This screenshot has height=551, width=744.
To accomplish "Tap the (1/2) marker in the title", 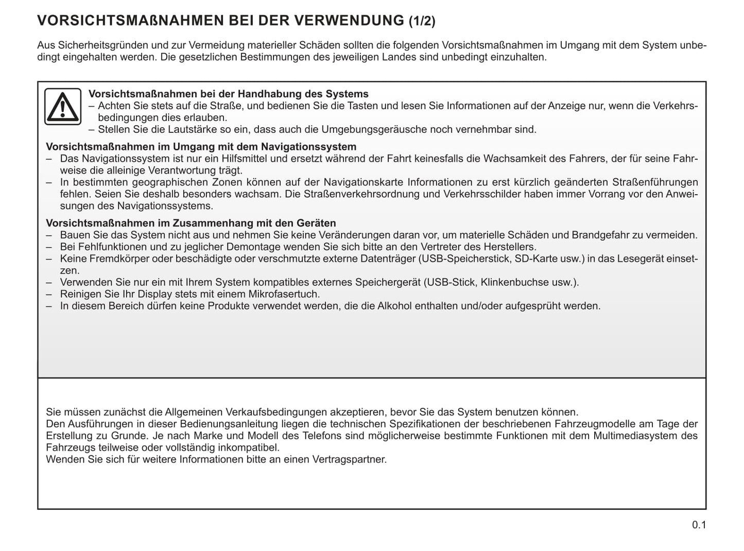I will point(422,21).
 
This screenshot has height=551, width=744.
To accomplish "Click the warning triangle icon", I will point(62,107).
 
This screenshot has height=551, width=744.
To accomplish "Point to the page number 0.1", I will point(699,525).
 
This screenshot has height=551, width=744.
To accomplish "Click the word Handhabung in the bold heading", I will point(263,94).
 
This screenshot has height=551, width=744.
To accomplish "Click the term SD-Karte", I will point(536,259).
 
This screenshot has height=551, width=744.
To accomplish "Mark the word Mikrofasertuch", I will point(283,295).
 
